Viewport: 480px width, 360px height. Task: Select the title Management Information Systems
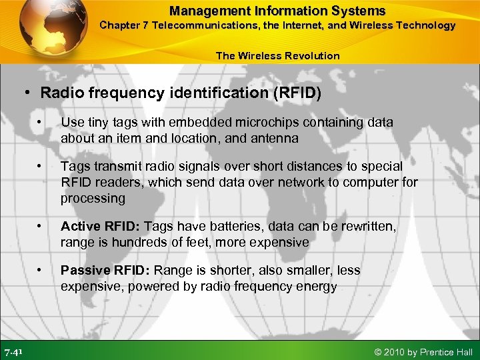[277, 11]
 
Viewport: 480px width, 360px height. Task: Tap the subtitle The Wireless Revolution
[277, 55]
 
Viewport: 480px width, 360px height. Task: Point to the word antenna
[277, 139]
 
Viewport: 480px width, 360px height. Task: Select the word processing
[93, 198]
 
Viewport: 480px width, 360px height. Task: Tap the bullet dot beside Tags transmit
[41, 165]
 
